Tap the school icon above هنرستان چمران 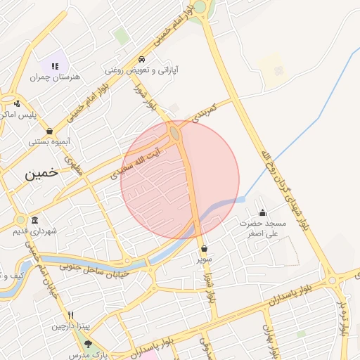(54, 65)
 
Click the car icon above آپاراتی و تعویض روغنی (142, 59)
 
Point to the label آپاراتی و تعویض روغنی (142, 70)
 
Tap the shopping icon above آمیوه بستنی (49, 131)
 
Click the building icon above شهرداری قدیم (35, 220)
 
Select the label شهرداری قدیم (37, 231)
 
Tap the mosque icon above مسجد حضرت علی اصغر (263, 213)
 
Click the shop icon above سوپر (204, 248)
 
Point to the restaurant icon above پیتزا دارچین (71, 316)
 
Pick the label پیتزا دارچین (71, 327)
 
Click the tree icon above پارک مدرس (89, 345)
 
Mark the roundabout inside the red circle (175, 131)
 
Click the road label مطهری (74, 165)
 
